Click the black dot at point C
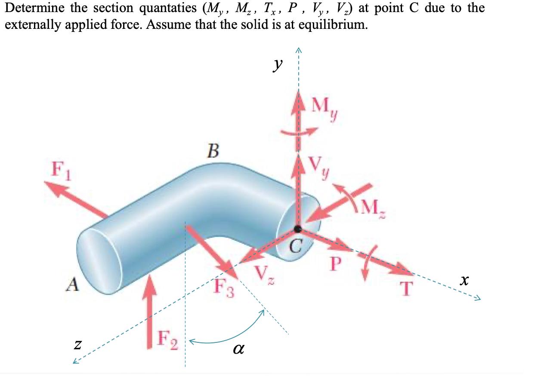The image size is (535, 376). (297, 228)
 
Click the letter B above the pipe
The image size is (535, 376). (212, 152)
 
